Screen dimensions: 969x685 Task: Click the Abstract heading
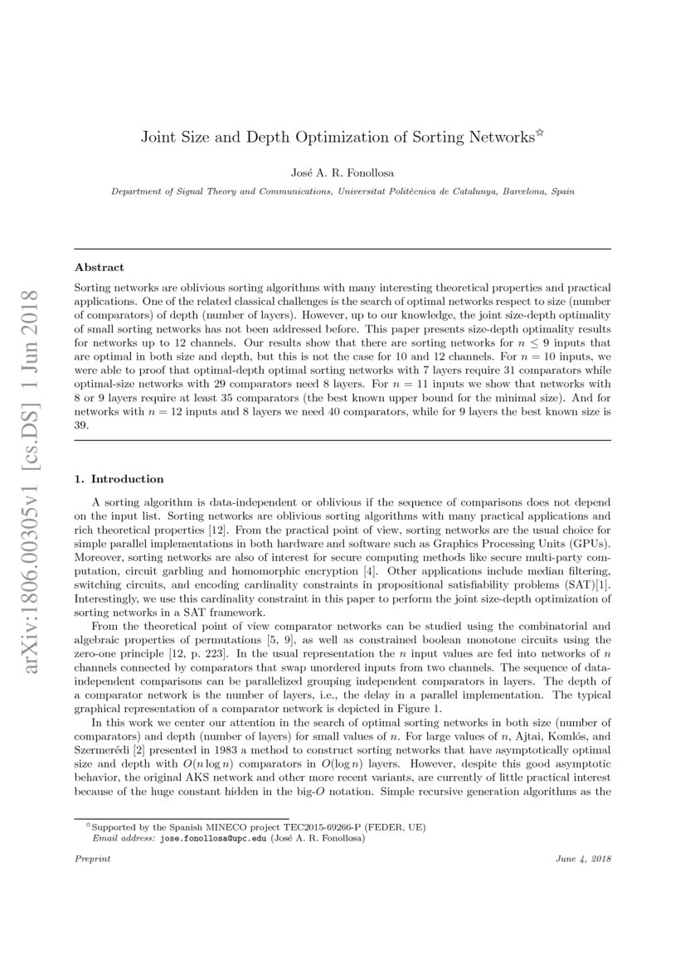(99, 268)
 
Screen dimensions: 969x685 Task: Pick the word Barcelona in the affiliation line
(519, 191)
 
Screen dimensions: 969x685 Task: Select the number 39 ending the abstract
(81, 424)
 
